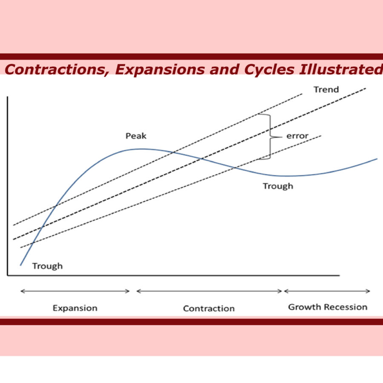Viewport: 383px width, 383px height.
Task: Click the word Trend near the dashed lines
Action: [326, 89]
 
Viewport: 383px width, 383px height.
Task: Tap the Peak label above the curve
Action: [136, 136]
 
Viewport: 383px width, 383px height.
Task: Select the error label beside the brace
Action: [297, 136]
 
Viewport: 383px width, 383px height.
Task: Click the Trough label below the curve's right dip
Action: [278, 186]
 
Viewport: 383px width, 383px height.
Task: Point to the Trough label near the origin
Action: [47, 266]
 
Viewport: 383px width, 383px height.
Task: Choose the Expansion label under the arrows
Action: [75, 308]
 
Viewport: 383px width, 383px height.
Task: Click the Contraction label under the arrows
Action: [209, 309]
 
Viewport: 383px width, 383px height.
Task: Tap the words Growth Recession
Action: [328, 307]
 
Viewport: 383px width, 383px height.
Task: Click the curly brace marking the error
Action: [270, 137]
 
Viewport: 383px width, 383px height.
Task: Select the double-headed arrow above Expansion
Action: [75, 291]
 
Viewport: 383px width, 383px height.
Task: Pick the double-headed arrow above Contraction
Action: [209, 291]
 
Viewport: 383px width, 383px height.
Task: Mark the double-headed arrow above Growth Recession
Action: [327, 291]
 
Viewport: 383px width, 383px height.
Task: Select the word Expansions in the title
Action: [160, 70]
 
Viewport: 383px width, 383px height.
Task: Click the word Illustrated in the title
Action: [341, 69]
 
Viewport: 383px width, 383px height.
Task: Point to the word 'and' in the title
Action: [224, 69]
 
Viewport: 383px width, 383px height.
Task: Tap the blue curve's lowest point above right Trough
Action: [287, 176]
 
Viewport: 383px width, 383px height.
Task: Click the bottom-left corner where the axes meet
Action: [8, 275]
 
